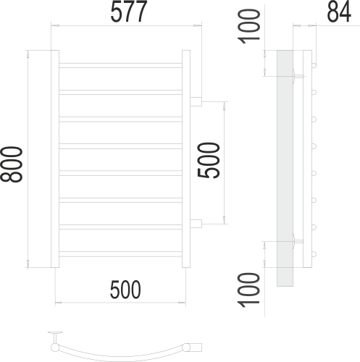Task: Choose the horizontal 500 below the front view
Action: (125, 290)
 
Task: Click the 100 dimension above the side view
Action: (249, 26)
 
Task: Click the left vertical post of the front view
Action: (54, 159)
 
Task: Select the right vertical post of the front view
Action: (186, 159)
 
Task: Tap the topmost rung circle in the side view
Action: (315, 66)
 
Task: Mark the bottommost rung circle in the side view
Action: (315, 253)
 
